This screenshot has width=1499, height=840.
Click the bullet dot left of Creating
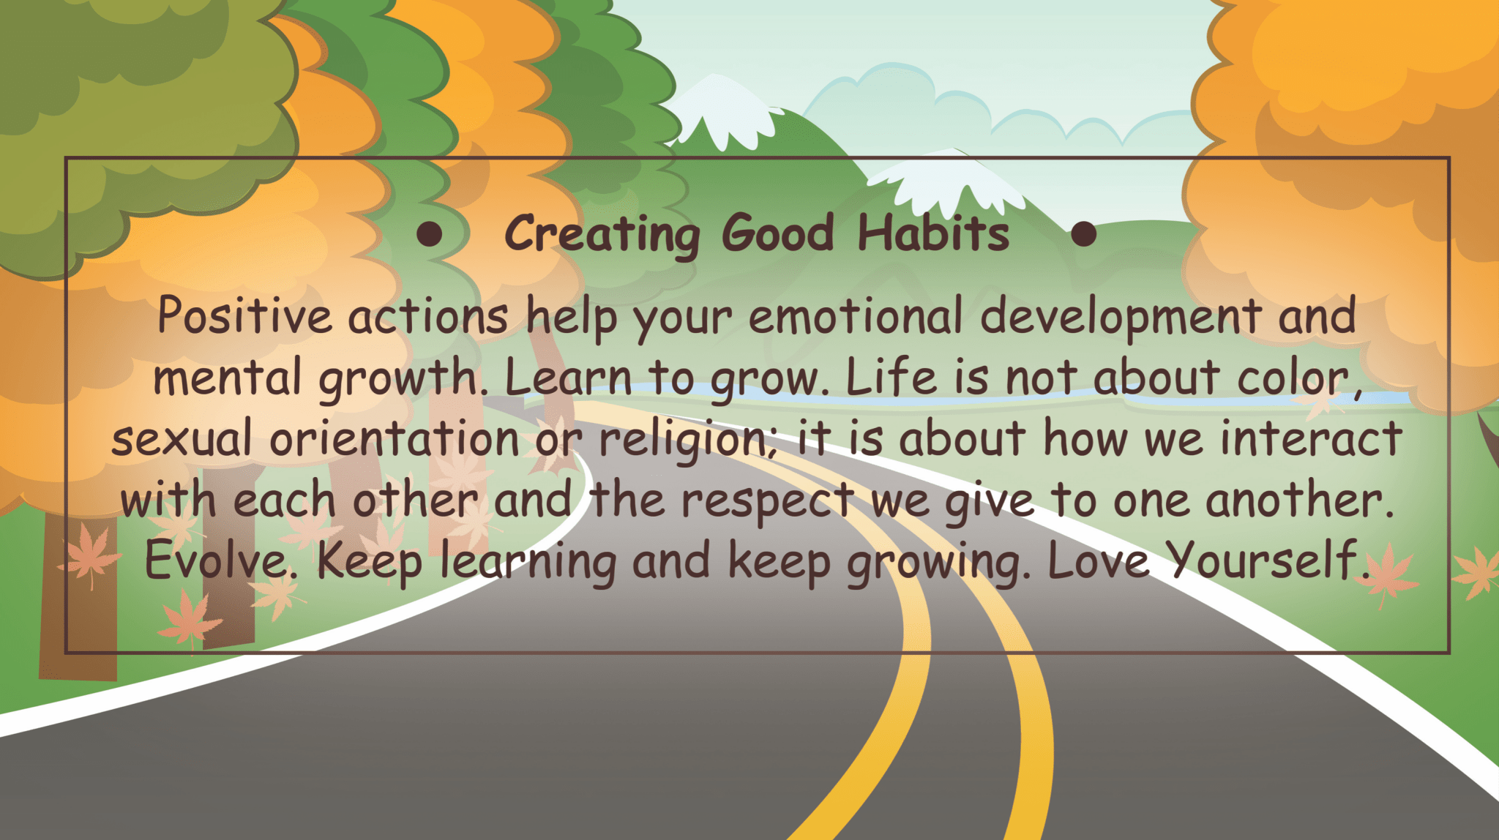(430, 234)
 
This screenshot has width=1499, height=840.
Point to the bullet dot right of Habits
(1083, 234)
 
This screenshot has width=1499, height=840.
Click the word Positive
(244, 316)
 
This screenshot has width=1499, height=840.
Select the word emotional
(855, 316)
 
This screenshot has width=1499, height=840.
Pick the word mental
(227, 377)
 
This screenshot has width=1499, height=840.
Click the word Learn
(568, 377)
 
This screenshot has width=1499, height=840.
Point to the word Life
(891, 377)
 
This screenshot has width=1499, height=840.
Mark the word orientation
(395, 438)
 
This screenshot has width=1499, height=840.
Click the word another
(1299, 500)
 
